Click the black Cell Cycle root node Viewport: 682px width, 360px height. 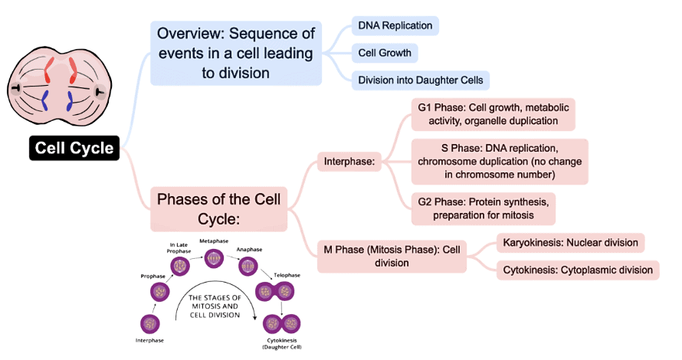(x=74, y=148)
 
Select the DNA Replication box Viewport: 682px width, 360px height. (x=395, y=26)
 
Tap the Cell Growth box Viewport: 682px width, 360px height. (x=385, y=53)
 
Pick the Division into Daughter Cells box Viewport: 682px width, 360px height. (x=420, y=80)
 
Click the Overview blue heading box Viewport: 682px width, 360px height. (x=235, y=53)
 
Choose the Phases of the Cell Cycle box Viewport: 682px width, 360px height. (x=218, y=209)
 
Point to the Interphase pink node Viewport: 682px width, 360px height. (x=349, y=162)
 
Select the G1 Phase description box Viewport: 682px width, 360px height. (x=493, y=114)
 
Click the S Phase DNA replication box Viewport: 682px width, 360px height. (x=500, y=162)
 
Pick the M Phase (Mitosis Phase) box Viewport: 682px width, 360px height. (x=392, y=256)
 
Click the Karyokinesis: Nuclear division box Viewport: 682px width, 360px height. (x=570, y=243)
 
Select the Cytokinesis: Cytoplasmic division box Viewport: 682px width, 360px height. (x=578, y=270)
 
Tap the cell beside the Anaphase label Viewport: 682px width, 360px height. (x=248, y=266)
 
